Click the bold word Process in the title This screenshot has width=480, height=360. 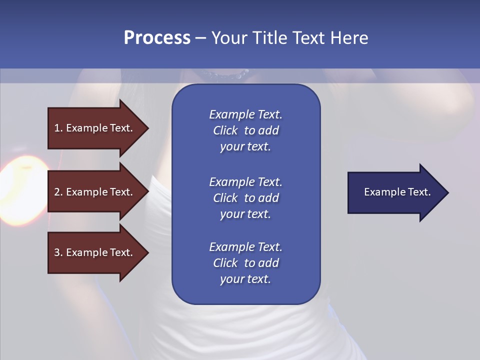click(x=157, y=38)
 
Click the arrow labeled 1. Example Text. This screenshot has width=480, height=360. click(x=95, y=128)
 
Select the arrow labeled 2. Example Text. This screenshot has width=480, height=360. click(x=95, y=192)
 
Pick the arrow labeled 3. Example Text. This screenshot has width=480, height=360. click(x=95, y=252)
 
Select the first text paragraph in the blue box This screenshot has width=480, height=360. click(x=245, y=130)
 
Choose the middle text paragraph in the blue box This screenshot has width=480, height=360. click(x=245, y=197)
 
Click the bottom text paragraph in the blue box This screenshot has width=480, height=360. click(x=245, y=263)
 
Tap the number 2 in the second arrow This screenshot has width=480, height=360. click(x=57, y=192)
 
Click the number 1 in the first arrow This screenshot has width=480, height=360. click(x=57, y=128)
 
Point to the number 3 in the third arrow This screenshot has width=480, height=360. click(x=57, y=252)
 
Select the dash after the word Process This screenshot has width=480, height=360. click(x=200, y=38)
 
